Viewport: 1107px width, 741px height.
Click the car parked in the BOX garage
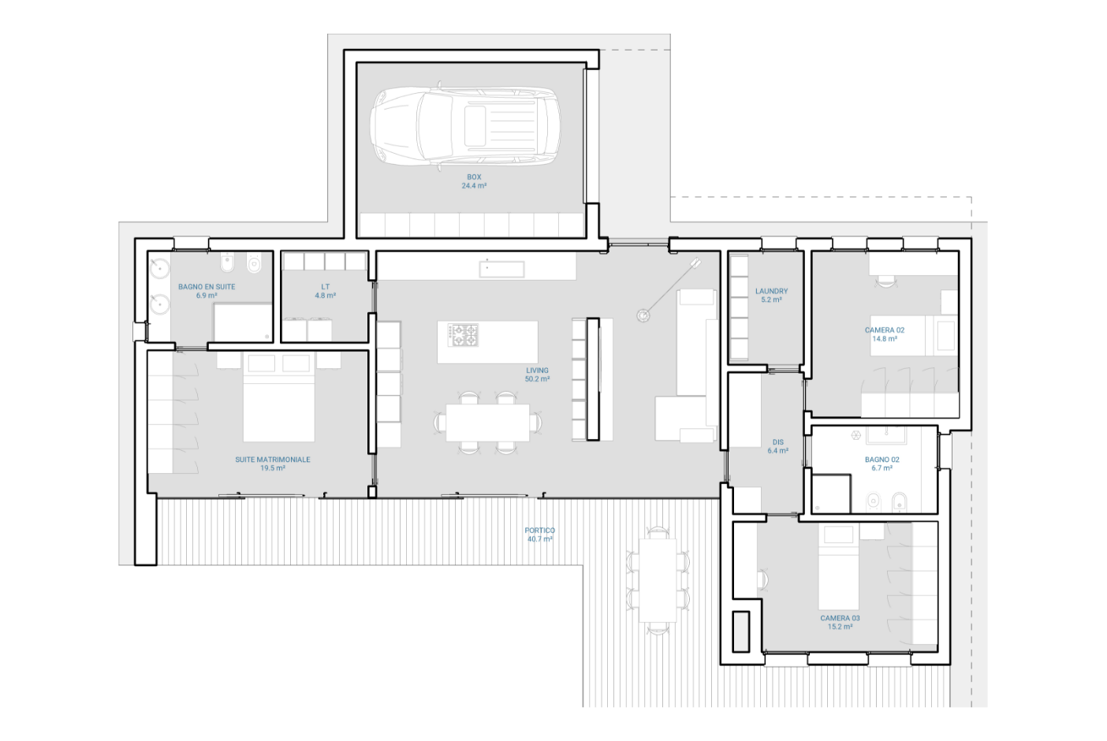click(x=465, y=126)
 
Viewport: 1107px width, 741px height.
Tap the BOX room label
click(x=474, y=177)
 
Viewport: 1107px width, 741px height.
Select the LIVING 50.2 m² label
click(x=537, y=374)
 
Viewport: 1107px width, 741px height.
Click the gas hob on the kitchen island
click(x=463, y=335)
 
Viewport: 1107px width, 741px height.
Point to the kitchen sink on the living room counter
click(x=501, y=270)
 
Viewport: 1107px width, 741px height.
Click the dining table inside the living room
click(x=487, y=423)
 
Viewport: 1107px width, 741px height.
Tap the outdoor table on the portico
click(x=658, y=580)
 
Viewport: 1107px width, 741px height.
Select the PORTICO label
click(x=539, y=530)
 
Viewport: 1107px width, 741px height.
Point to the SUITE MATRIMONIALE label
click(x=272, y=460)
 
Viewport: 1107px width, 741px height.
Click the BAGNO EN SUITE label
click(x=207, y=286)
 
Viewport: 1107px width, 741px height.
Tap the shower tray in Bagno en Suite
click(x=243, y=322)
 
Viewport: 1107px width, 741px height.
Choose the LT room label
click(x=325, y=286)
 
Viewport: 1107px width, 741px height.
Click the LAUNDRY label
click(x=771, y=291)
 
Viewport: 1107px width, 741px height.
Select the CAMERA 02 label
click(x=885, y=330)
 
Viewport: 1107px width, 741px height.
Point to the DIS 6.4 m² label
click(x=778, y=447)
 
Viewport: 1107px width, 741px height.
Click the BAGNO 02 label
click(x=881, y=460)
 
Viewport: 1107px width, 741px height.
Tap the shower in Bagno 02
click(x=831, y=493)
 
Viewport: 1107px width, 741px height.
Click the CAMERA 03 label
click(x=840, y=618)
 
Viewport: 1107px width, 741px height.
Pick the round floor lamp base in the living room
click(x=643, y=315)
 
